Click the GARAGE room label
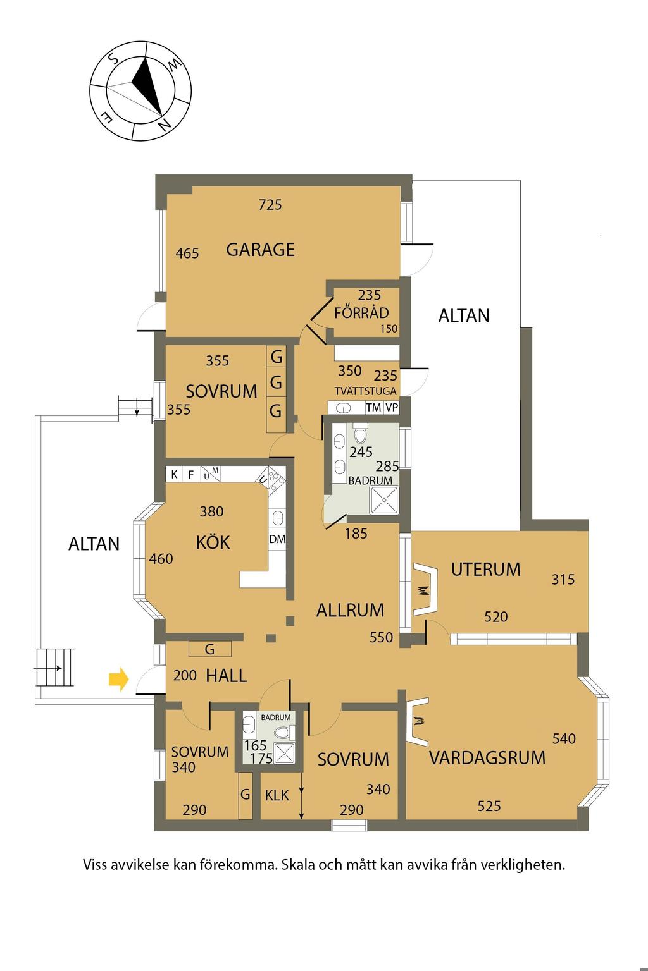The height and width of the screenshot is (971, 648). click(261, 250)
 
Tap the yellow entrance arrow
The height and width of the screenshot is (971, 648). click(118, 679)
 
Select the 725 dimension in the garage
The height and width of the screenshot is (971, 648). click(270, 205)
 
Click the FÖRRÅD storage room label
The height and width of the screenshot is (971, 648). click(361, 312)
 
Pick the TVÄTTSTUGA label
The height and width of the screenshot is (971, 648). click(366, 391)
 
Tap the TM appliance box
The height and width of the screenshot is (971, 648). click(373, 408)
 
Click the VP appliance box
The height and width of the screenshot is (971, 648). click(392, 408)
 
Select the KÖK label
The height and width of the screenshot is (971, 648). click(213, 543)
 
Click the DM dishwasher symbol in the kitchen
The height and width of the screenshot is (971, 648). click(277, 539)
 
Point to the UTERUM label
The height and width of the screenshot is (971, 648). click(485, 570)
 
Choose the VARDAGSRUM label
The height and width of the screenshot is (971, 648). click(487, 758)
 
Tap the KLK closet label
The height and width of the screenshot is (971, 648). click(277, 795)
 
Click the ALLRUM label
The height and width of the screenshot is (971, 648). click(350, 610)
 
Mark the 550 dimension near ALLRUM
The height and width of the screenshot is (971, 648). click(381, 637)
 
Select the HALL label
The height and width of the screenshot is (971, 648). click(226, 675)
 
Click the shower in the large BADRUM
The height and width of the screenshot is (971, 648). click(383, 500)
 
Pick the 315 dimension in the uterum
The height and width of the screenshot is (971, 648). click(563, 580)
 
